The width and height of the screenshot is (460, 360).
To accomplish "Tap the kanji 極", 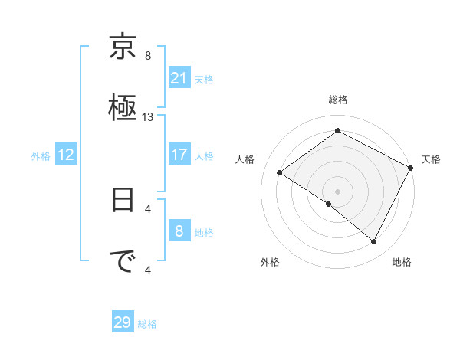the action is point(123,105).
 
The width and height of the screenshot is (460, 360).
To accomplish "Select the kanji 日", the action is point(123,202).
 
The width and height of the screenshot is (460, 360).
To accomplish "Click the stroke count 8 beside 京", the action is point(148,55).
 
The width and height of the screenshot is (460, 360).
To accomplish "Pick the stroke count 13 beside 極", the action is point(148,117).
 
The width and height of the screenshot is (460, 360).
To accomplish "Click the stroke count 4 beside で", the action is point(148,269).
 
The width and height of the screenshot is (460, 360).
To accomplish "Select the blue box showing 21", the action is point(179,78).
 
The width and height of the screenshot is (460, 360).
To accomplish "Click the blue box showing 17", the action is point(179,155).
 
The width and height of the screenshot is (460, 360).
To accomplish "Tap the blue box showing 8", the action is point(179,231).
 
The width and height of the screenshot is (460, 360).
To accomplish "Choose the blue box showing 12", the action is point(66,155).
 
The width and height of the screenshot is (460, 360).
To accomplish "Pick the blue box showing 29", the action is point(123,322).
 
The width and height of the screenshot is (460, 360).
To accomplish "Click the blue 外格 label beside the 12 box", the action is point(41,156).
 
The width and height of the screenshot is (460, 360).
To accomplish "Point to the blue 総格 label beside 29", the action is point(147,324).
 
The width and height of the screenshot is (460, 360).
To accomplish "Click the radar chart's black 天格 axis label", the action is point(431,159).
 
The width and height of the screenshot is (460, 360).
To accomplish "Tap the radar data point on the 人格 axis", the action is point(280,173).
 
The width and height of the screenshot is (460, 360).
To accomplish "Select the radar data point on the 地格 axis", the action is point(374,242).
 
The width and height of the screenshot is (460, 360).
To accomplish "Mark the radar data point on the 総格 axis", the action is point(337,131).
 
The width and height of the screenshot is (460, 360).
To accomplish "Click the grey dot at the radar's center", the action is point(337,191).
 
